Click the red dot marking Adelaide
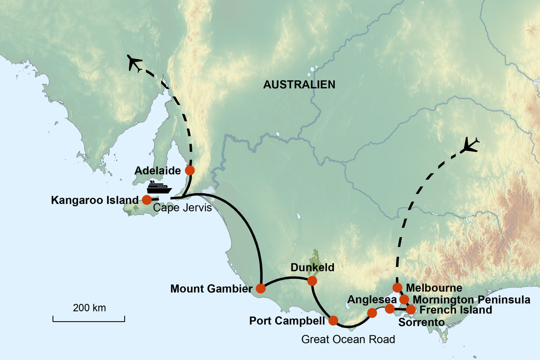(x=190, y=170)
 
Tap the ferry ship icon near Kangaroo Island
(x=159, y=188)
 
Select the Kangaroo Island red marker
(x=147, y=200)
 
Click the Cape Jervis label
(x=182, y=208)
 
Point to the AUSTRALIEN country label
(x=299, y=85)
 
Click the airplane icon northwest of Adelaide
(x=134, y=63)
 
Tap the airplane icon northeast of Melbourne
(x=469, y=145)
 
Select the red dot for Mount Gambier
(x=261, y=288)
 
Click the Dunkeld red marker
(x=312, y=281)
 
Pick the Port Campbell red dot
(x=333, y=320)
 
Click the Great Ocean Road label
(x=348, y=339)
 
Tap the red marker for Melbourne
(x=397, y=288)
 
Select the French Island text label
(x=456, y=310)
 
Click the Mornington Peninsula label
(x=471, y=300)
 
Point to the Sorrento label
(x=421, y=322)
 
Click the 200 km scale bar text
(x=89, y=308)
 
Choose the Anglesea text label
(x=372, y=300)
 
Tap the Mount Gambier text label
(x=211, y=289)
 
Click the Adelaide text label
(x=157, y=171)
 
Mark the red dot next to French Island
(x=411, y=310)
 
